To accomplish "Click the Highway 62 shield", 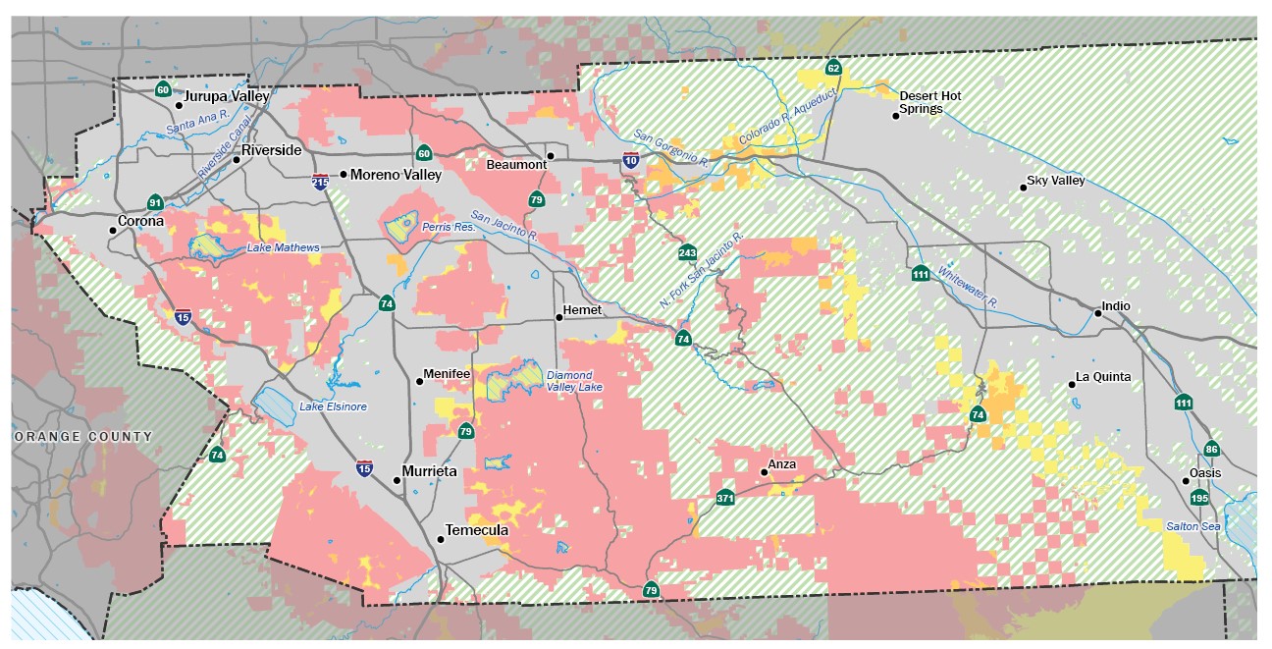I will [x=832, y=68].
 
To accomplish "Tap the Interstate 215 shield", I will [x=320, y=182].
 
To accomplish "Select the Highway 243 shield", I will [x=687, y=252].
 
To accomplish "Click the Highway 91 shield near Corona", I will [x=155, y=202].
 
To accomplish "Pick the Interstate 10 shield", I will [x=630, y=159].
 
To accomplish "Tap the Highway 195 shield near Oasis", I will [x=1200, y=498].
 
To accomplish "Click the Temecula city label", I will [x=477, y=530].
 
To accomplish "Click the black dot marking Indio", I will [x=1097, y=313].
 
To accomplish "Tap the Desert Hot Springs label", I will [x=929, y=102].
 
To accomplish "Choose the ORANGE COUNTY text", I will [x=82, y=436].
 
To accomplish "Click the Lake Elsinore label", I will [x=334, y=406].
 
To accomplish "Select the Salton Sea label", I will [x=1192, y=526].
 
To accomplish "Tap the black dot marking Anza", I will [x=764, y=472].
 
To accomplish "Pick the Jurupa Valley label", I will [x=228, y=96].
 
